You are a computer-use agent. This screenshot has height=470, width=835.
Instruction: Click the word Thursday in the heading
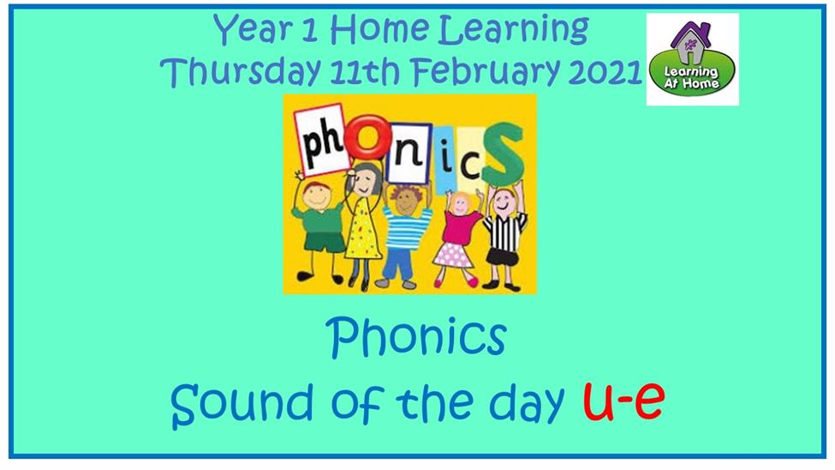(240, 71)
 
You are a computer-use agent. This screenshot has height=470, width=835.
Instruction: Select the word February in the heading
(486, 71)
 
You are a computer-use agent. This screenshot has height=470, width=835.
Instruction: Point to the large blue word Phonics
(416, 337)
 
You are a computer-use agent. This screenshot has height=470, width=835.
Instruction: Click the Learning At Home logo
(692, 59)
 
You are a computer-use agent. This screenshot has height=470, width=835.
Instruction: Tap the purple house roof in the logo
(690, 34)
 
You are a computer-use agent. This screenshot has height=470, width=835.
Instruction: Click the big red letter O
(367, 136)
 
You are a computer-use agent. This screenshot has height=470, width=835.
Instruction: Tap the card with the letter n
(409, 154)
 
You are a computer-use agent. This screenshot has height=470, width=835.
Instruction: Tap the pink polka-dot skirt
(453, 256)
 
